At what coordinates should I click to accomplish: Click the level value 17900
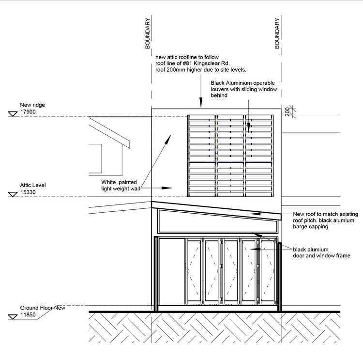click(x=28, y=112)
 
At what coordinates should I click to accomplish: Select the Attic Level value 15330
click(x=28, y=193)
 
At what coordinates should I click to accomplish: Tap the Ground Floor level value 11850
click(x=28, y=315)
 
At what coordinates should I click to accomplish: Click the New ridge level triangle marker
click(x=12, y=114)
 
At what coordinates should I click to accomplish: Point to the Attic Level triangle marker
click(x=12, y=194)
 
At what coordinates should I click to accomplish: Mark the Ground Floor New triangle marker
click(x=12, y=316)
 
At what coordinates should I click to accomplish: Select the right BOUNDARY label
click(x=277, y=34)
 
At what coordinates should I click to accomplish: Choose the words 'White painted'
click(x=120, y=182)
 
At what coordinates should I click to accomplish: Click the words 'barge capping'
click(x=311, y=226)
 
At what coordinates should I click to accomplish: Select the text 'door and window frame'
click(x=321, y=255)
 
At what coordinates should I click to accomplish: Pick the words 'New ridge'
click(x=32, y=105)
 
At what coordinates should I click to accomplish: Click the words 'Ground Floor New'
click(x=43, y=308)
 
